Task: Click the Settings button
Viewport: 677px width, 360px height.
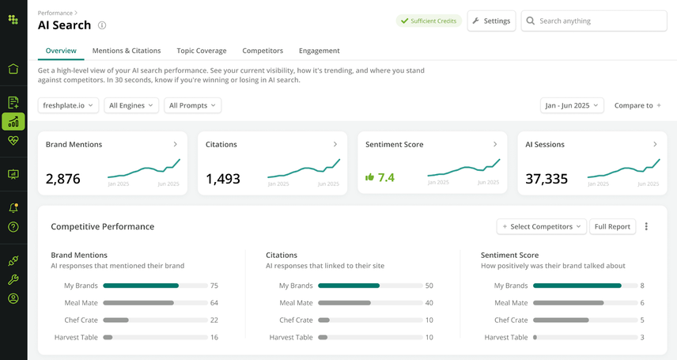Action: click(x=491, y=21)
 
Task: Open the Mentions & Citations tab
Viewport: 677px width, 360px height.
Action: click(x=127, y=51)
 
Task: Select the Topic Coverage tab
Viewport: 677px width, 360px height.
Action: click(x=201, y=51)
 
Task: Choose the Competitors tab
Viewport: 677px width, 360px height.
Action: click(x=263, y=51)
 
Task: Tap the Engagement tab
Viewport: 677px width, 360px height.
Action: click(x=320, y=51)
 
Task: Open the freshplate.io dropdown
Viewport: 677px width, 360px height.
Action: click(x=68, y=105)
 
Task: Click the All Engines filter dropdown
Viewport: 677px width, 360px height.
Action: click(x=131, y=105)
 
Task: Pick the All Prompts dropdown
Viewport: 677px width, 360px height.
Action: click(x=192, y=105)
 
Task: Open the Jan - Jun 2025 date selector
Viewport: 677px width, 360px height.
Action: click(x=572, y=105)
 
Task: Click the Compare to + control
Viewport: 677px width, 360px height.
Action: click(x=637, y=105)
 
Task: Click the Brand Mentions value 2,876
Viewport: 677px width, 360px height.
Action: click(x=63, y=179)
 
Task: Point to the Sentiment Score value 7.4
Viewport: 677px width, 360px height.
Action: click(x=385, y=178)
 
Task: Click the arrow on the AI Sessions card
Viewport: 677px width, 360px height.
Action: click(x=655, y=144)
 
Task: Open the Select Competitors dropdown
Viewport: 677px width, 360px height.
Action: click(x=542, y=226)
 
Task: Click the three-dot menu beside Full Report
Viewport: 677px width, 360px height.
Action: click(x=646, y=226)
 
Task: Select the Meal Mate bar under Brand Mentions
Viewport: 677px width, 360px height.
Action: click(x=139, y=303)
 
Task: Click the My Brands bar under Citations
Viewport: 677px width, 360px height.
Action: click(x=349, y=286)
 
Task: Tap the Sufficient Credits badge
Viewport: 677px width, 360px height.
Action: click(x=429, y=21)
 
